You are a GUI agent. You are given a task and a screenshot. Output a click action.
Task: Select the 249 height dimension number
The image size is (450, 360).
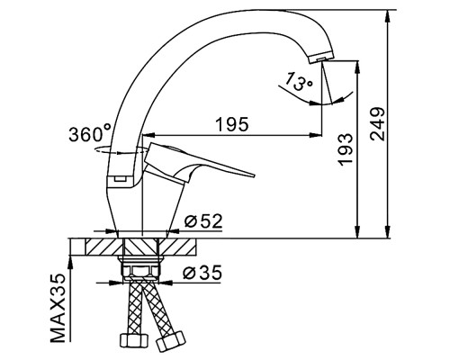(377, 123)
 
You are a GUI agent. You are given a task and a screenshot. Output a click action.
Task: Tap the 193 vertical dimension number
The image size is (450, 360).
(345, 149)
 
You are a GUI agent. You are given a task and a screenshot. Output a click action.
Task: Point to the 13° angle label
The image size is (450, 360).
(298, 81)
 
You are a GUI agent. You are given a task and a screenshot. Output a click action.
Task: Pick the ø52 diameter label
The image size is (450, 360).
(203, 221)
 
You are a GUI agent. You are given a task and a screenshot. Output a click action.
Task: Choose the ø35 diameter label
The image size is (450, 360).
(202, 273)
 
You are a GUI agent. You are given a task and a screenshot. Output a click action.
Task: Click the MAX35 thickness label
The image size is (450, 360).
(58, 308)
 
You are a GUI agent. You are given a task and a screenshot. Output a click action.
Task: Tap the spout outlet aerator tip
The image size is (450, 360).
(321, 57)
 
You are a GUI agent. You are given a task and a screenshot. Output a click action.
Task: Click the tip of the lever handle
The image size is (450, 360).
(254, 175)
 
